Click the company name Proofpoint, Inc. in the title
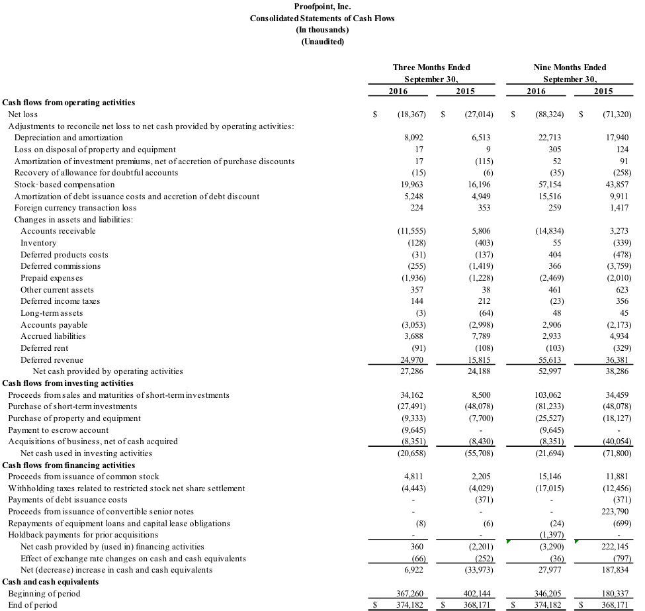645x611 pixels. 323,7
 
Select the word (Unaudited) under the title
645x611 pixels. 323,42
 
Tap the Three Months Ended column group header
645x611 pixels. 431,67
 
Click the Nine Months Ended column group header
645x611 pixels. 570,67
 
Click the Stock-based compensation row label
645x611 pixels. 65,185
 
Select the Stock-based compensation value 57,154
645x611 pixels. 550,185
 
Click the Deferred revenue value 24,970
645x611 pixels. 411,360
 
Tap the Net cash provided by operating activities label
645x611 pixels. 108,371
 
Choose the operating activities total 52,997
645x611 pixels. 550,371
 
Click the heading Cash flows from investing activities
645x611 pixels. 68,383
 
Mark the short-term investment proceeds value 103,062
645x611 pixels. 548,395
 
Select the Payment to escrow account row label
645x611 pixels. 58,430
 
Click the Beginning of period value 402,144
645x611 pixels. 477,594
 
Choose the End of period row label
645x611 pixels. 32,605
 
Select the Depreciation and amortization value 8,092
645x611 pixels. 414,138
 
